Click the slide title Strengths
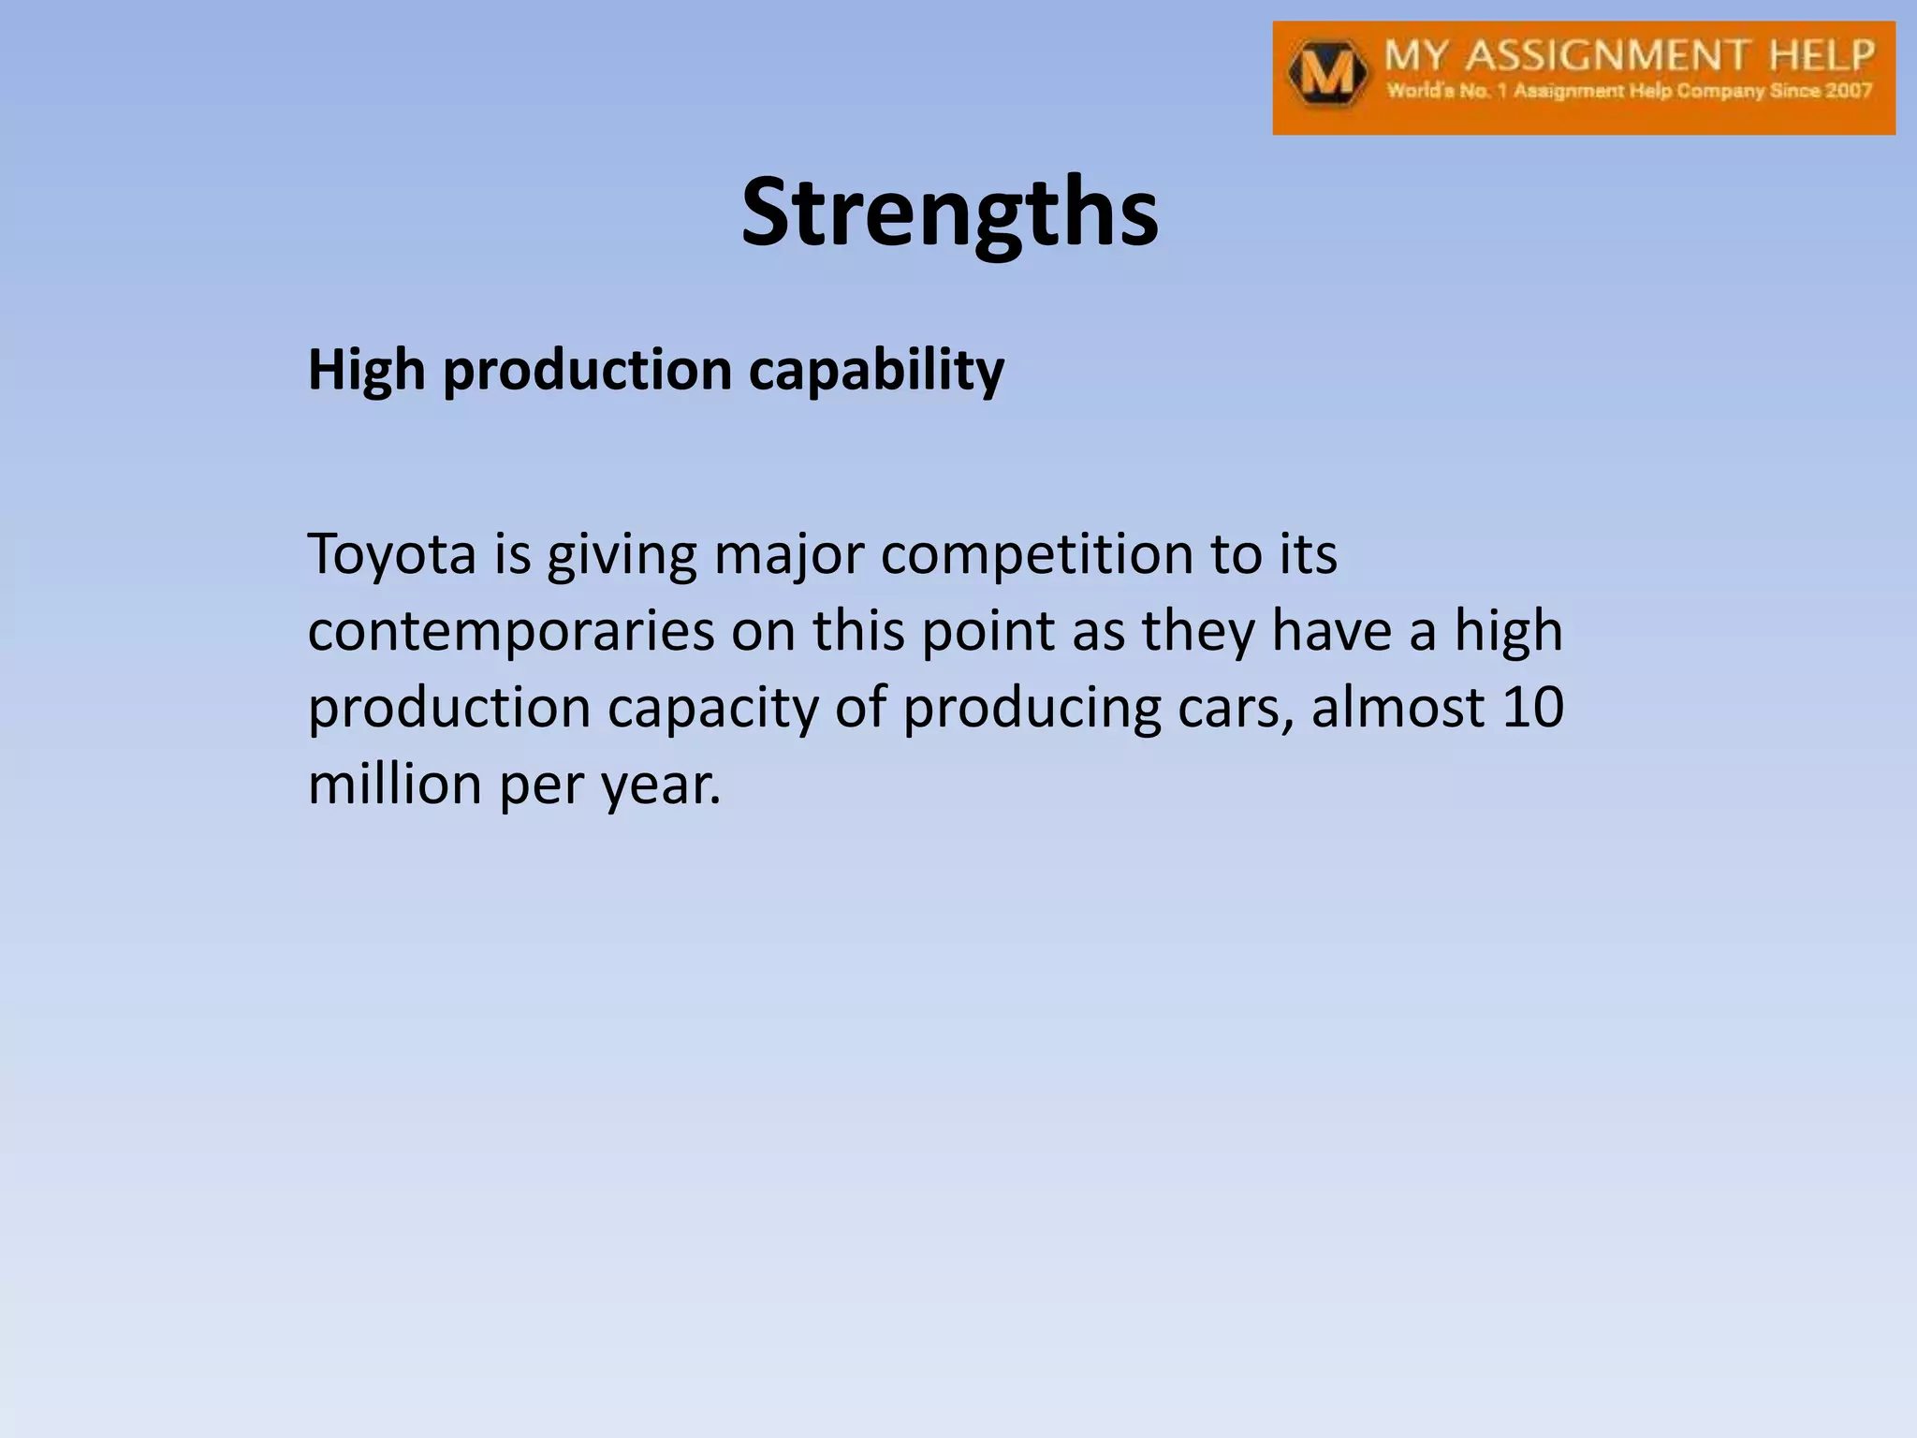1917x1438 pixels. tap(949, 213)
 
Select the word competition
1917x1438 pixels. tap(1036, 554)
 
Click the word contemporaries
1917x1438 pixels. tap(511, 631)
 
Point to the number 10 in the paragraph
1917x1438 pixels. tap(1532, 707)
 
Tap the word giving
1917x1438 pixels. tap(622, 555)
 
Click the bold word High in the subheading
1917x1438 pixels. tap(366, 370)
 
